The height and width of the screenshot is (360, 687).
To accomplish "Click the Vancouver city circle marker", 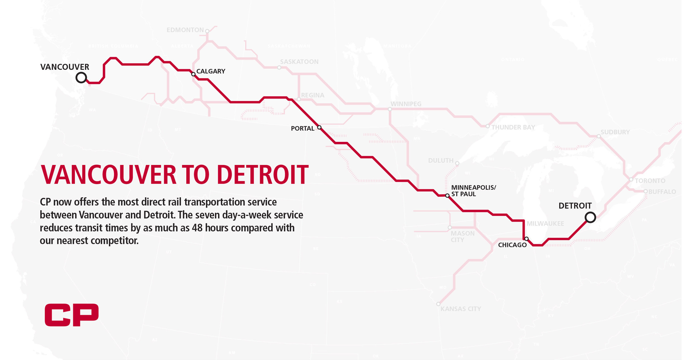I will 81,77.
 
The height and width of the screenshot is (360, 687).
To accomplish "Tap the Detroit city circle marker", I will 590,217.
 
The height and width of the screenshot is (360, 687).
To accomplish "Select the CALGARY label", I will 211,71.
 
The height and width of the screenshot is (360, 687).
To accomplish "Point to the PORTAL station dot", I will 319,128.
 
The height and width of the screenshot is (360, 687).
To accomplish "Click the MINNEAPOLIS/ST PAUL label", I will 473,191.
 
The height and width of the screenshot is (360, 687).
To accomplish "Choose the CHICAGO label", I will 512,245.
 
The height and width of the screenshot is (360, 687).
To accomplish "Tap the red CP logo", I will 71,315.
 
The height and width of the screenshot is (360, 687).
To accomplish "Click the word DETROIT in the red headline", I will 262,174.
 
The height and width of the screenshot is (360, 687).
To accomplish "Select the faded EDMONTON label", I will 185,30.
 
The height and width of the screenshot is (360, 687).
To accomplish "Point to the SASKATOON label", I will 299,62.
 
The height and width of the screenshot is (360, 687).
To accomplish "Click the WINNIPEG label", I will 406,104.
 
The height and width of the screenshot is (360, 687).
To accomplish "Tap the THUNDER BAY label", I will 513,128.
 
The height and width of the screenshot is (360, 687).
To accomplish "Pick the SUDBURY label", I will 615,132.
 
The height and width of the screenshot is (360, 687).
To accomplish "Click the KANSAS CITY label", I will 461,309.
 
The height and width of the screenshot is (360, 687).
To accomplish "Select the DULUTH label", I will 441,161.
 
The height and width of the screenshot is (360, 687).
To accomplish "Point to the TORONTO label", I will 650,181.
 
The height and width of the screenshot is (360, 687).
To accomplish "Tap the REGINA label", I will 313,95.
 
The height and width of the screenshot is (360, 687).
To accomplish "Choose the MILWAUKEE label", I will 545,224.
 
